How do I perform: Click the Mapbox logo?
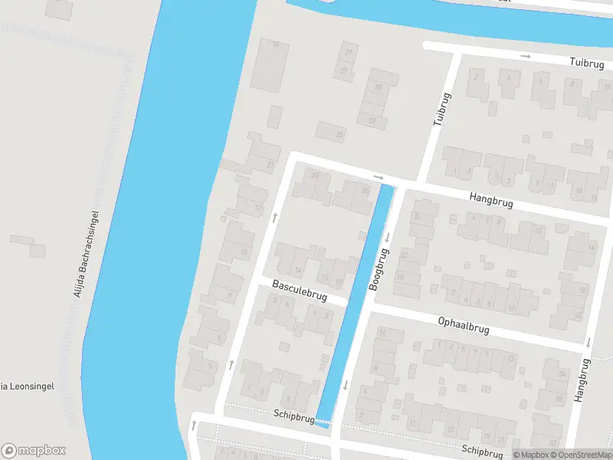pos(34,450)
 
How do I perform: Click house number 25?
pos(339,136)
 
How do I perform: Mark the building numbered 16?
pos(276,44)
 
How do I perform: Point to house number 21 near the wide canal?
pos(269,164)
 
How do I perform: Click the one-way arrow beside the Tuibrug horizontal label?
pos(526,56)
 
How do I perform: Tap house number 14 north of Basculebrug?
pos(297,271)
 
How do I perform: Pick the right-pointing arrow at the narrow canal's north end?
pos(378,177)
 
